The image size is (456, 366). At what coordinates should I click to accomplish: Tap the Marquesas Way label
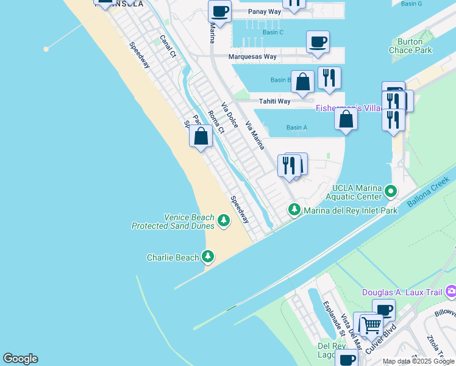click(252, 57)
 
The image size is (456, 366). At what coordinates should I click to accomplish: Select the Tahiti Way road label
click(274, 101)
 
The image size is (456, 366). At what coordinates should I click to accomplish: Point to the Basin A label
click(296, 127)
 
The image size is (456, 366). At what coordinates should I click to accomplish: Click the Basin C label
click(273, 32)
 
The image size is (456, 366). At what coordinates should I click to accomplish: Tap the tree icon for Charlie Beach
click(208, 257)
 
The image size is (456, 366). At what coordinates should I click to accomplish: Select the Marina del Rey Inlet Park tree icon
click(294, 210)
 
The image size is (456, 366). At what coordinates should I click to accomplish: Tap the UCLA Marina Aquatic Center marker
click(391, 192)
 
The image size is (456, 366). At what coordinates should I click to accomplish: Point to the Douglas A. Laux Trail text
click(402, 293)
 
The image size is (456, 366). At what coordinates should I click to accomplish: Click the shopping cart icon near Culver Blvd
click(371, 325)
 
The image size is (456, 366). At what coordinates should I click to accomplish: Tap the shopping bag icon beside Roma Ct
click(201, 136)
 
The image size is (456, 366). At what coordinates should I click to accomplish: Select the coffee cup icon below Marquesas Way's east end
click(318, 42)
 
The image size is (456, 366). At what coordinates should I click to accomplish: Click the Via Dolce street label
click(230, 115)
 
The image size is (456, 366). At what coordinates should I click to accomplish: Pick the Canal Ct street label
click(168, 46)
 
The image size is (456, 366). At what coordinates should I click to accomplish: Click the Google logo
click(20, 359)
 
